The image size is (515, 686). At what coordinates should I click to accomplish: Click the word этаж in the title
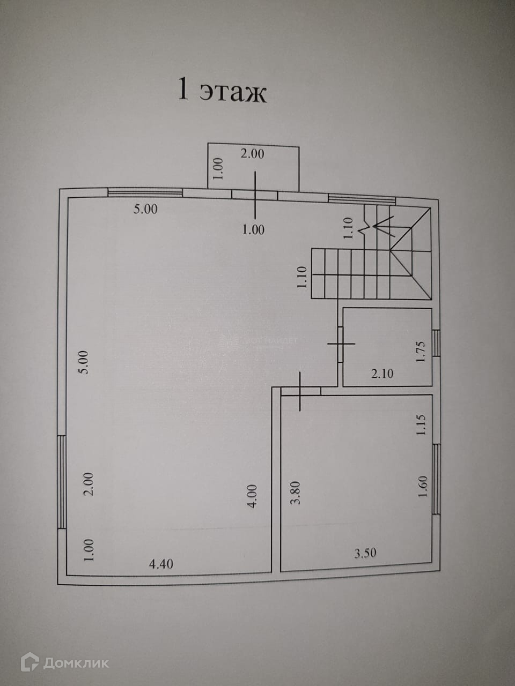pos(233,92)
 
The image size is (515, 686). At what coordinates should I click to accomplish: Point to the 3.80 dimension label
pos(295,493)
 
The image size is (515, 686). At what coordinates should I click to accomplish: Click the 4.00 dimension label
pos(253,496)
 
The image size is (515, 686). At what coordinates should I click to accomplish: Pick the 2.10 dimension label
pos(382,374)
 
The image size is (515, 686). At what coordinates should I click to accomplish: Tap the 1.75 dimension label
pos(421,352)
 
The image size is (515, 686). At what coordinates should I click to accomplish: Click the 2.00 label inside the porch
pos(252,154)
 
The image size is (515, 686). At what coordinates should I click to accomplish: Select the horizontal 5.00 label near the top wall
pos(145,209)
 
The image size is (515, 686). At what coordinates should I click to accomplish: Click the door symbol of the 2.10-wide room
pos(342,344)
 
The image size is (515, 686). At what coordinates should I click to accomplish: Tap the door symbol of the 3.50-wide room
pos(300,391)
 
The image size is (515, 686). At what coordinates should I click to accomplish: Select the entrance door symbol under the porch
pos(255,194)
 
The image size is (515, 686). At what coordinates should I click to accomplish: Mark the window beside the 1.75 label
pos(436,343)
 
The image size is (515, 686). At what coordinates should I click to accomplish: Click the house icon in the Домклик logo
pos(30,663)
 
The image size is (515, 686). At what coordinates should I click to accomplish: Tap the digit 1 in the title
pos(183,91)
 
